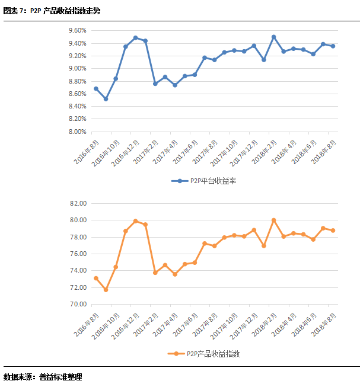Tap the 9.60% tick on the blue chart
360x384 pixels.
(77, 30)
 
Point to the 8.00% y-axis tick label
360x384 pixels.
(77, 132)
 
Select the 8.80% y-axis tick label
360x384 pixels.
(77, 81)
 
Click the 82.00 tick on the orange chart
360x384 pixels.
(78, 203)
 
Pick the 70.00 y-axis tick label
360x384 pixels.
(78, 305)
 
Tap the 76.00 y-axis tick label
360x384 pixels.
(78, 254)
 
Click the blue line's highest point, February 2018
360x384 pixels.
(273, 37)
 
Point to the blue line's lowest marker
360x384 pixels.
(106, 99)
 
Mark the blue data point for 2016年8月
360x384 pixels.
(96, 89)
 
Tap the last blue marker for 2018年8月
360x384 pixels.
(333, 46)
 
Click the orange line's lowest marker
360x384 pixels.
(106, 290)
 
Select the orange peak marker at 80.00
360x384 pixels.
(273, 220)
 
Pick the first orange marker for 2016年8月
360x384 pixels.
(96, 279)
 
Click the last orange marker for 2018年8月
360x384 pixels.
(333, 231)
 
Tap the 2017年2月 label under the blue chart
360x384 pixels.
(146, 153)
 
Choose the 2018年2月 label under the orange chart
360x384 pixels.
(265, 327)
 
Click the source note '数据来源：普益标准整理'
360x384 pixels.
(43, 376)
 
